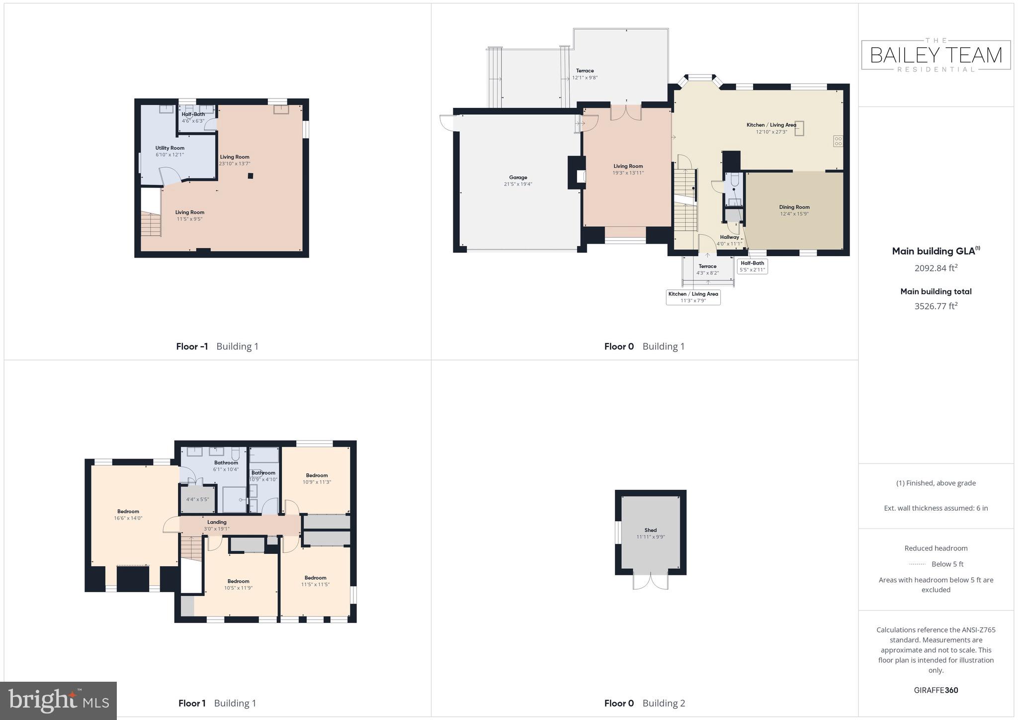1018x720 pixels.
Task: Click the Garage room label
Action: coord(518,178)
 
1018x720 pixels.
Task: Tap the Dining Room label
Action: coord(794,207)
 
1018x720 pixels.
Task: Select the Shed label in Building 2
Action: coord(650,530)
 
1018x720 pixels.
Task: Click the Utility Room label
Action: coord(170,148)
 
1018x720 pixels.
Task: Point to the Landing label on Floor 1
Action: coord(217,522)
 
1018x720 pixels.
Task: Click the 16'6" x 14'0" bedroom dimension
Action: coord(128,518)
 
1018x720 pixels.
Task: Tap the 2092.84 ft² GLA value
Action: coord(935,268)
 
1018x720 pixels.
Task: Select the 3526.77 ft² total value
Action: coord(935,306)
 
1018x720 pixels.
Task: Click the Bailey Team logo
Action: coord(935,55)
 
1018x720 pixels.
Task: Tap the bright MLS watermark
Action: coord(59,701)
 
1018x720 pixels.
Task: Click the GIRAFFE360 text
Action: coord(935,690)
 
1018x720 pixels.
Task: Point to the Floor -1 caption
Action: coord(192,347)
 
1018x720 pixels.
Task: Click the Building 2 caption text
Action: coord(664,703)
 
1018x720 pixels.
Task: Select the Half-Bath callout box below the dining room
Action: coord(752,267)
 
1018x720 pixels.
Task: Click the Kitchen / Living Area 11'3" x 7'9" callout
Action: coord(693,297)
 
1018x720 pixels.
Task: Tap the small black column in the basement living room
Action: coord(251,176)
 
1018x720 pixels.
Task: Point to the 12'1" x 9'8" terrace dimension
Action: coord(585,78)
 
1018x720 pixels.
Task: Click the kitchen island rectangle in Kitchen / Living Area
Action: coord(799,128)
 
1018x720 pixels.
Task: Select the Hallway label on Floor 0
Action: coord(729,237)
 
